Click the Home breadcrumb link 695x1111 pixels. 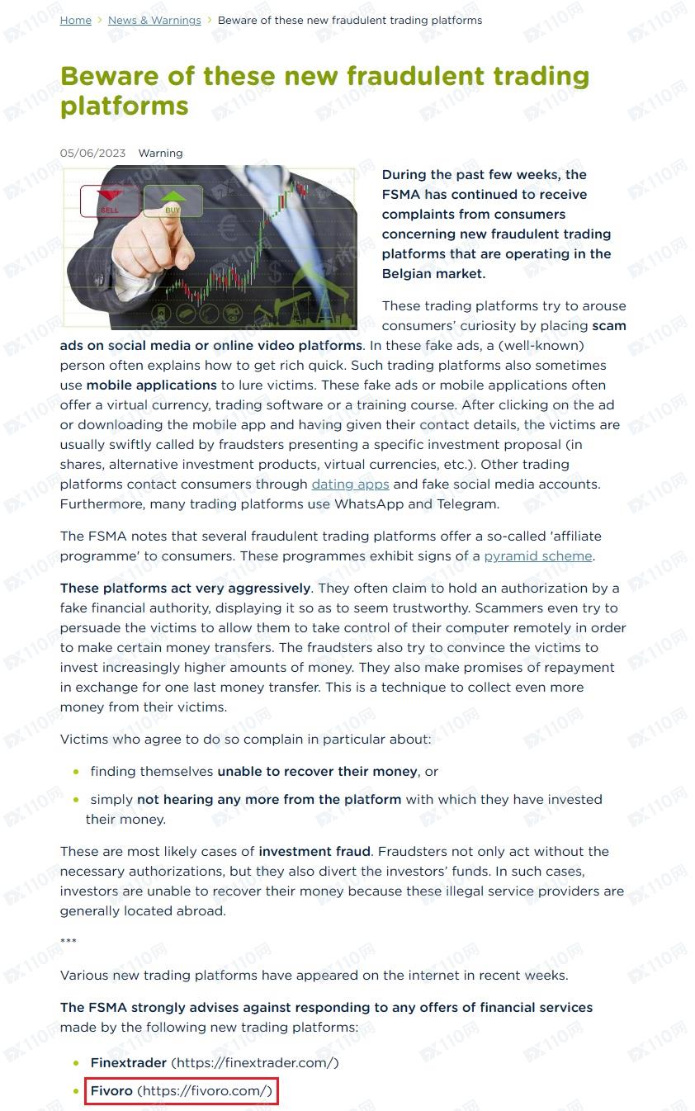pos(75,20)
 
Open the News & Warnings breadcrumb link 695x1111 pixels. pos(154,20)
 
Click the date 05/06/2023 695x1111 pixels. pos(92,153)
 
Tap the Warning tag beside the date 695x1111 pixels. pos(160,153)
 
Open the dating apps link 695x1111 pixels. pos(350,484)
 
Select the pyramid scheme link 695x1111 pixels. pos(538,556)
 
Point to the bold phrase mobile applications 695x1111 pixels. pos(151,385)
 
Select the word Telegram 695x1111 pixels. pos(466,503)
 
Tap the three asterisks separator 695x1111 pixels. pos(69,942)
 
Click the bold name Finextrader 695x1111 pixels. pos(129,1062)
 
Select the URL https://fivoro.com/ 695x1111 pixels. pos(204,1090)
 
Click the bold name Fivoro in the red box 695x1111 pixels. pos(111,1090)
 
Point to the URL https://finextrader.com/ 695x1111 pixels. pos(254,1062)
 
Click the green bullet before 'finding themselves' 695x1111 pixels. pos(76,772)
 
